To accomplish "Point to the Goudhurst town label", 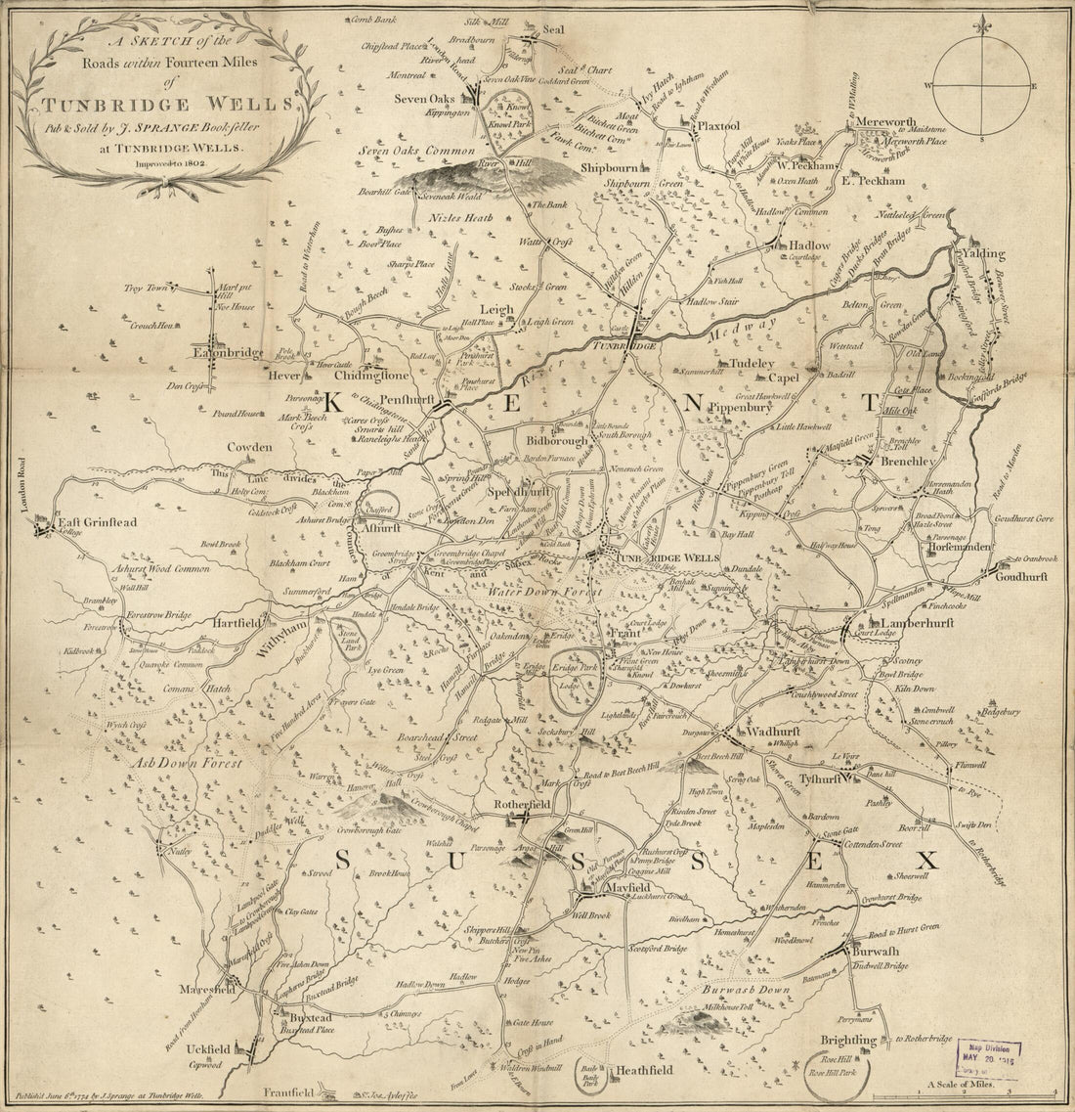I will [1020, 577].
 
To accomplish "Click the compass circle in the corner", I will [980, 87].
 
